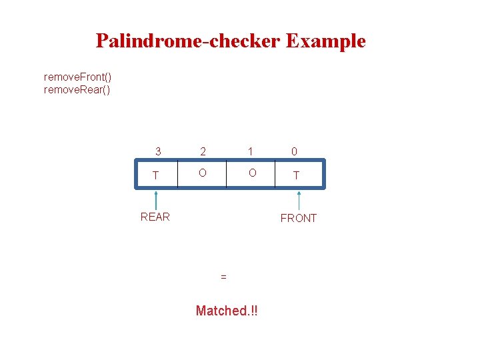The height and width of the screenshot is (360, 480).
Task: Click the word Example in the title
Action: coord(325,41)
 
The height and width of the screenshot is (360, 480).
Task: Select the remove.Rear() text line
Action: coord(77,89)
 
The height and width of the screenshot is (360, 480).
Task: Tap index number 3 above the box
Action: coord(158,152)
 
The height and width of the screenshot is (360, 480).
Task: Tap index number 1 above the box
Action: coord(252,152)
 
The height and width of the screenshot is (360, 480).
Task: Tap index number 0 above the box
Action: coord(295,152)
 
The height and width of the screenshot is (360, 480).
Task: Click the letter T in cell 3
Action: coord(156,175)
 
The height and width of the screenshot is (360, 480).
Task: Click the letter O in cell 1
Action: coord(252,173)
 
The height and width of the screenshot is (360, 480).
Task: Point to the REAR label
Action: coord(155,217)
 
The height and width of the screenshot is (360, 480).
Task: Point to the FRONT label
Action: coord(298,218)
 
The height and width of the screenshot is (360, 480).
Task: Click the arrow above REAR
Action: coord(156,200)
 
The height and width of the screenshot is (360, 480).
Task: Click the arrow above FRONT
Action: coord(299,201)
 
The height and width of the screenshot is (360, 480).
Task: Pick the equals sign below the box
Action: coord(223,276)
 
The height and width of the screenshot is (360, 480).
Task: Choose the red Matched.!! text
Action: coord(226,311)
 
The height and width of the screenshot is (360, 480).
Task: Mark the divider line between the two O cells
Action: coord(227,175)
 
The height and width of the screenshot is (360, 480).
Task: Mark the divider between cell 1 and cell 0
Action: coord(275,175)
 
